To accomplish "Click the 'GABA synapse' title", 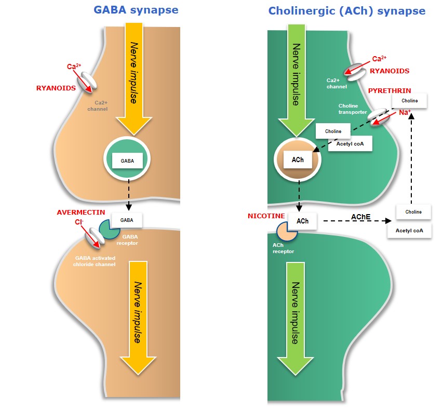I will [x=136, y=10].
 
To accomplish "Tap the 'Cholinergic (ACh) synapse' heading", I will [x=346, y=11].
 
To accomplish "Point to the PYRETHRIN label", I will [x=390, y=90].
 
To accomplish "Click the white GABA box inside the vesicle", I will [x=127, y=161].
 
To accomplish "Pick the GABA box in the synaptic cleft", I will [x=127, y=220].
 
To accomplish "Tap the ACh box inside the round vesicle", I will [x=298, y=160].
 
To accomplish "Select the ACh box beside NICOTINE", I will [x=302, y=221].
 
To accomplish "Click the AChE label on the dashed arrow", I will [x=361, y=216].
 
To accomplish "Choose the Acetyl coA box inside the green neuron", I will [x=350, y=143].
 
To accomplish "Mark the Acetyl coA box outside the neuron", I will [x=409, y=230].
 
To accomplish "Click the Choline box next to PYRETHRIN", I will [x=410, y=101].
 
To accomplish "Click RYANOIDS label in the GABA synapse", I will [x=56, y=88].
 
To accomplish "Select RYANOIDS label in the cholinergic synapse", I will [x=389, y=71].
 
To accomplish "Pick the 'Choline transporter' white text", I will [x=353, y=108].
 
